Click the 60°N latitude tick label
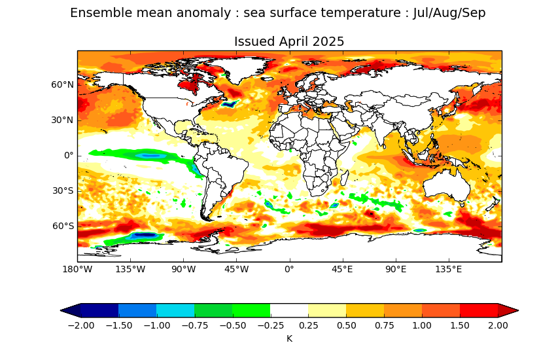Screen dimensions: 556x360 point(63,85)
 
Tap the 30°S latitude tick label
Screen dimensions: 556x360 point(63,191)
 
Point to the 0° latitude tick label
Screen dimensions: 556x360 point(69,156)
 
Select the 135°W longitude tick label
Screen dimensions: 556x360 point(130,270)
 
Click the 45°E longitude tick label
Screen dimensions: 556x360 point(343,270)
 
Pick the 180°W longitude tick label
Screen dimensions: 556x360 point(77,270)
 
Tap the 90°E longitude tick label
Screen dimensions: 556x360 point(396,270)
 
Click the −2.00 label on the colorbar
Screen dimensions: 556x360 point(81,325)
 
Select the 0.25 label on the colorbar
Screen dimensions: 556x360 point(309,325)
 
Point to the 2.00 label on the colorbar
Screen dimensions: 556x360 point(498,325)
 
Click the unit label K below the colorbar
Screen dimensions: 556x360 point(289,338)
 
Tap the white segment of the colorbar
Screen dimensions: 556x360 point(289,310)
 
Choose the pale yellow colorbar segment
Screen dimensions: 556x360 point(327,310)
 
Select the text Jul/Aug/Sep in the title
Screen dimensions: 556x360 point(449,14)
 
